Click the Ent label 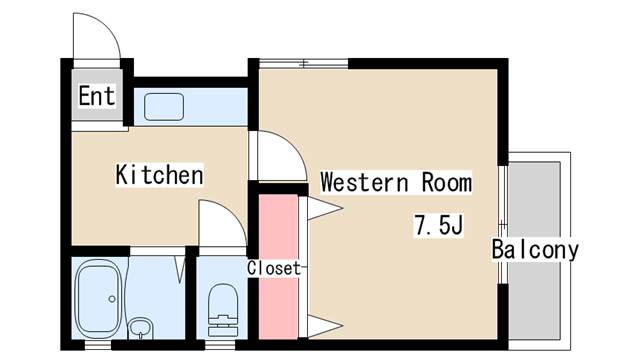pyautogui.click(x=97, y=96)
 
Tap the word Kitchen pyautogui.click(x=159, y=175)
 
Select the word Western pyautogui.click(x=364, y=182)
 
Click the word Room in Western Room pyautogui.click(x=447, y=182)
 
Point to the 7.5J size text pyautogui.click(x=439, y=225)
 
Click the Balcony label pyautogui.click(x=535, y=250)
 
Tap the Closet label pyautogui.click(x=274, y=268)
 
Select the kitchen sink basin pyautogui.click(x=164, y=107)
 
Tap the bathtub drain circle pyautogui.click(x=112, y=299)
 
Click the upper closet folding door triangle pyautogui.click(x=324, y=208)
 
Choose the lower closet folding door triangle pyautogui.click(x=324, y=326)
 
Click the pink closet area pyautogui.click(x=278, y=267)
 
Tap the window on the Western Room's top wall pyautogui.click(x=304, y=63)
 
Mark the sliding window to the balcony pyautogui.click(x=503, y=224)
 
